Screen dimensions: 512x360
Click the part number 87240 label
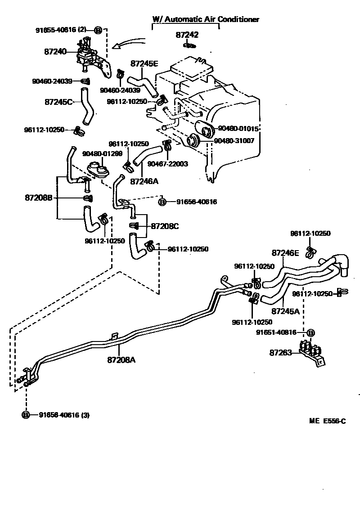[55, 52]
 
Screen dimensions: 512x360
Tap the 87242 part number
[187, 35]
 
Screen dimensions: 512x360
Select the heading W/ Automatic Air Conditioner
[206, 19]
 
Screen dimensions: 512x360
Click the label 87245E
[144, 63]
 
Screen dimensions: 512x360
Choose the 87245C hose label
[58, 102]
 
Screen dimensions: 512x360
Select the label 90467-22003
[168, 163]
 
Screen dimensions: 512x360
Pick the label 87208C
[165, 226]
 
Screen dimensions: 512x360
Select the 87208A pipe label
[121, 359]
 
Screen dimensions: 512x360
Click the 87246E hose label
[285, 253]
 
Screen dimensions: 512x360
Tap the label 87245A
[285, 311]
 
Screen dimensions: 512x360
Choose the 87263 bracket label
[281, 353]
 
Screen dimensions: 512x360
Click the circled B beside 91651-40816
[310, 332]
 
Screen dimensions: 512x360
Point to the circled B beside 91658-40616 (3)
[26, 415]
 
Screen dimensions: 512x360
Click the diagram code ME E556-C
[327, 421]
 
